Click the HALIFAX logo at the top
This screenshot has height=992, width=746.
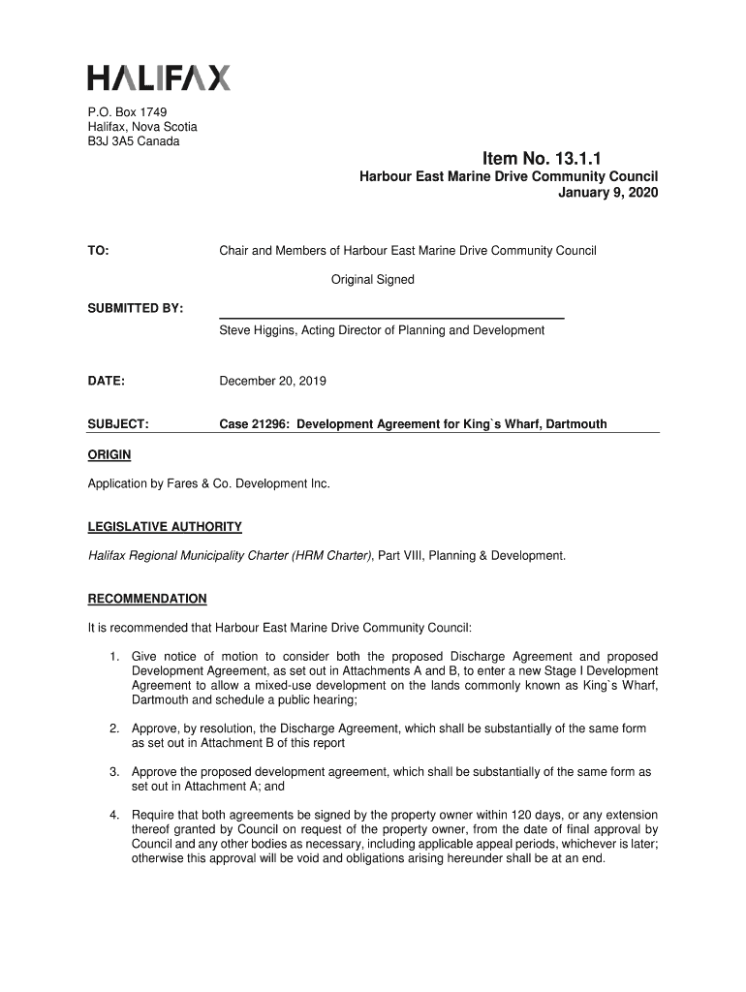(159, 77)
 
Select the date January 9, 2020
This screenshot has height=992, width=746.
(607, 193)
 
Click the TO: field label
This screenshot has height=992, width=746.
(98, 251)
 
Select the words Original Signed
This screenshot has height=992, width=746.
(373, 280)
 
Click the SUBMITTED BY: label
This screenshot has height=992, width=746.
(136, 308)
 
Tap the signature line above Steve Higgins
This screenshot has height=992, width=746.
(391, 318)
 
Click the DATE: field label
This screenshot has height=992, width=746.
(107, 381)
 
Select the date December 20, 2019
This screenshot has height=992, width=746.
(272, 381)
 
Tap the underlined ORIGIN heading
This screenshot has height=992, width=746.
(109, 454)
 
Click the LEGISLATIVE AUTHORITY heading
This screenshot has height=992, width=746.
(165, 527)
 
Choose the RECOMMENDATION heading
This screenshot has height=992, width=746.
(147, 599)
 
